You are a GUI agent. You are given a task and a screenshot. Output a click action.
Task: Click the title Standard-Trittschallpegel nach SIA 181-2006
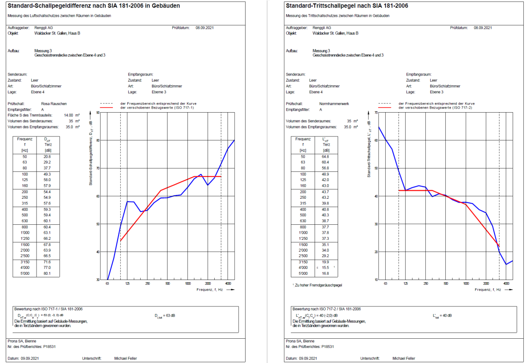(x=346, y=6)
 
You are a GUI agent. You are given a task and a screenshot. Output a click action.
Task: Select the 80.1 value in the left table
(x=47, y=274)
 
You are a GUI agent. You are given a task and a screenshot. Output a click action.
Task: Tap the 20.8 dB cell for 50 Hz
(x=47, y=157)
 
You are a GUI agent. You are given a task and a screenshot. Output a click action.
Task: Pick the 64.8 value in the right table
(x=325, y=157)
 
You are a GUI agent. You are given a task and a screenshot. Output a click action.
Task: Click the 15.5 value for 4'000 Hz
(x=325, y=268)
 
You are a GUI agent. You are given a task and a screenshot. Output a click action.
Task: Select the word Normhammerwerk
(x=334, y=104)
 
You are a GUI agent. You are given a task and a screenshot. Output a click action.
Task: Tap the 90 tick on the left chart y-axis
(x=97, y=113)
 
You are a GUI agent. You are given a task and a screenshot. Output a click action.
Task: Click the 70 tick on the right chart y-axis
(x=376, y=113)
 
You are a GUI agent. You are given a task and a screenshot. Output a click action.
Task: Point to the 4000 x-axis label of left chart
(x=227, y=283)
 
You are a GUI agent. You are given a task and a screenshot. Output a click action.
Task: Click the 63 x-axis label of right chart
(x=385, y=283)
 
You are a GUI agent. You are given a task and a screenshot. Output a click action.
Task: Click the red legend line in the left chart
(x=108, y=107)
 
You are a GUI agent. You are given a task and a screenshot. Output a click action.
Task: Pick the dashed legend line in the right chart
(x=386, y=103)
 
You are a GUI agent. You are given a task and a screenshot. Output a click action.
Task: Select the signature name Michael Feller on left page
(x=126, y=359)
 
